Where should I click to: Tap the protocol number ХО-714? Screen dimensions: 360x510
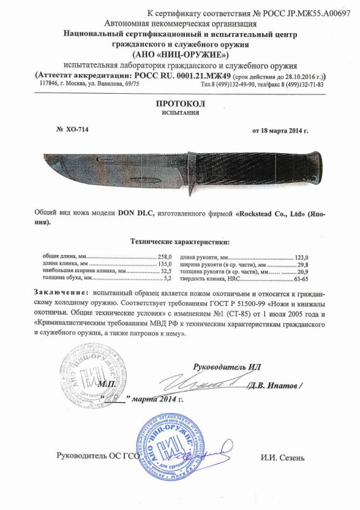pyautogui.click(x=76, y=129)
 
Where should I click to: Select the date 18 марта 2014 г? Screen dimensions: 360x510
pyautogui.click(x=280, y=130)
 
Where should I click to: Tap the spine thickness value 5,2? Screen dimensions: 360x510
pyautogui.click(x=168, y=277)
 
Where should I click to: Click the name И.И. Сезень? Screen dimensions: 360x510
pyautogui.click(x=282, y=458)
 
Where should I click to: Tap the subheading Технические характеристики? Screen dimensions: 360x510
pyautogui.click(x=180, y=242)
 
